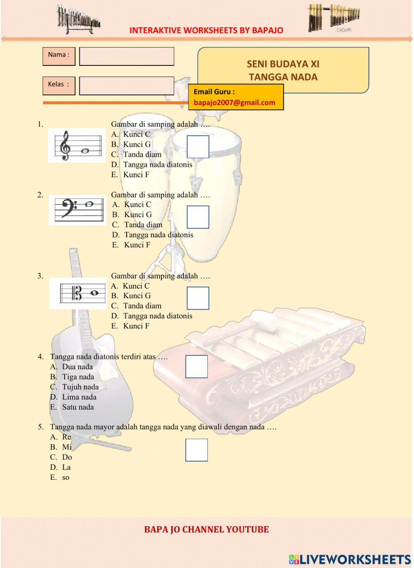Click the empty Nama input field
pos(126,56)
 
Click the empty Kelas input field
pos(126,86)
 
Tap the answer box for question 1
pos(198,147)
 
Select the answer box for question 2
pos(198,217)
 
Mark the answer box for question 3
pos(198,298)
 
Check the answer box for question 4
pos(196,366)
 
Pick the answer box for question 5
pos(196,450)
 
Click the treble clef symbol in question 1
pos(65,146)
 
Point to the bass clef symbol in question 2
pos(68,207)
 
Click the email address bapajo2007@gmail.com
pos(234,103)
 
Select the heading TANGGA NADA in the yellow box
pos(283,77)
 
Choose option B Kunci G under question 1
pos(137,144)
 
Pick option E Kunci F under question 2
pos(137,245)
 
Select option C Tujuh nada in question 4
pos(80,387)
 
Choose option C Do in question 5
pos(67,457)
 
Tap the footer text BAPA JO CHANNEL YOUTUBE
pos(206,529)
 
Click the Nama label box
pos(59,56)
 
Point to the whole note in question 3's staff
pos(95,293)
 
